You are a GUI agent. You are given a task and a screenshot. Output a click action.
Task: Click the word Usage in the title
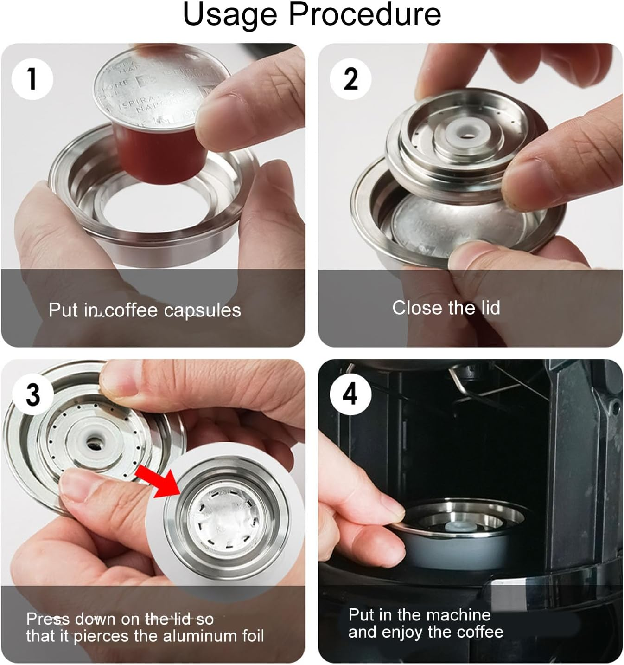coord(230,15)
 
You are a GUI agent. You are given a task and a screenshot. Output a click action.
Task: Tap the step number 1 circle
coord(32,78)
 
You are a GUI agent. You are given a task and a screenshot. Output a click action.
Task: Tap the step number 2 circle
coord(350,78)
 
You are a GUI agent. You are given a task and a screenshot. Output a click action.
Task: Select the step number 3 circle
coord(32,395)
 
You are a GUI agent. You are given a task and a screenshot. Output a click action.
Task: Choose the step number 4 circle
coord(350,394)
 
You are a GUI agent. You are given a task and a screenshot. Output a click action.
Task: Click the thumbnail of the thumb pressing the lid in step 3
coord(88,487)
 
